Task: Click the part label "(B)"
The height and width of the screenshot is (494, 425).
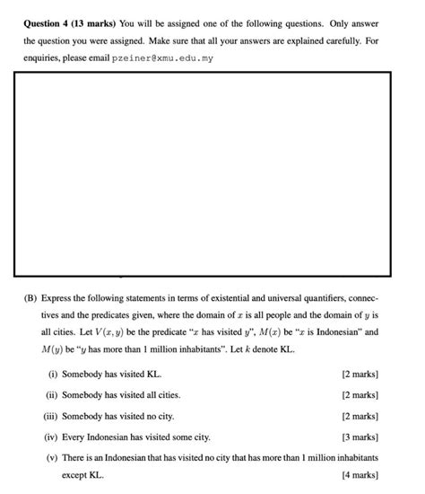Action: point(30,298)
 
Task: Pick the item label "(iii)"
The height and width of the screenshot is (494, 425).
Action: point(51,417)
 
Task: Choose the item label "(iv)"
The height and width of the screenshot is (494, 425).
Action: point(52,437)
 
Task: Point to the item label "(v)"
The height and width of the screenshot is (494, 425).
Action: point(52,458)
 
